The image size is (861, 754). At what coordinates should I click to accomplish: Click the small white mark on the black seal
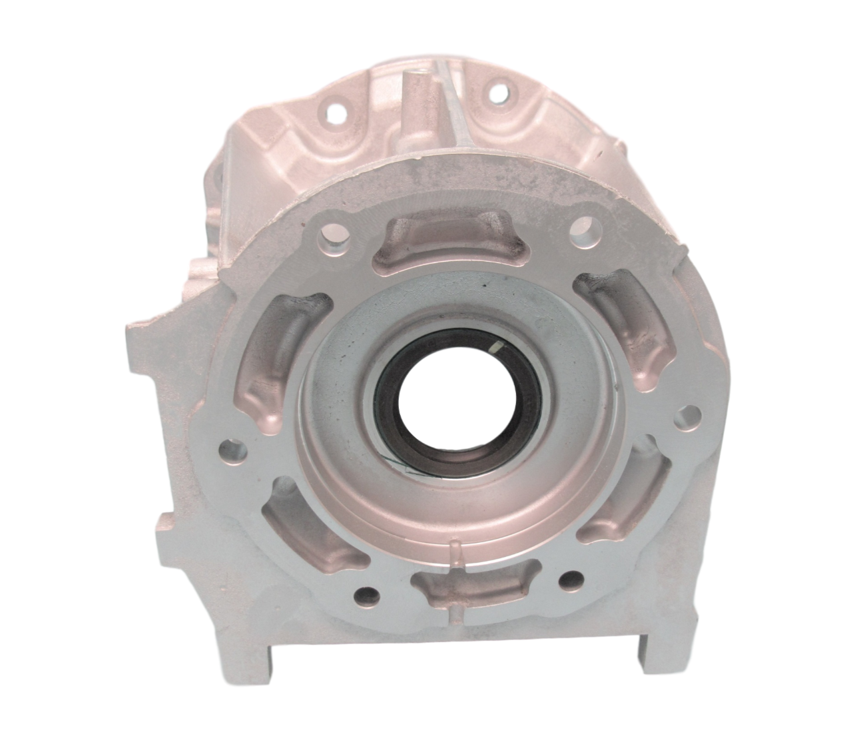[497, 347]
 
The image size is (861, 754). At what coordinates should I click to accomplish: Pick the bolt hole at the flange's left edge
[232, 449]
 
